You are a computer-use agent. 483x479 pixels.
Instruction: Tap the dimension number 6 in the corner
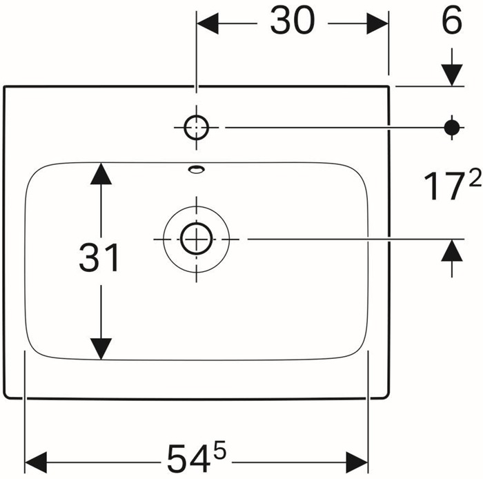tap(452, 20)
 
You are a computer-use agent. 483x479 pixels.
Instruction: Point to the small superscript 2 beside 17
tap(475, 178)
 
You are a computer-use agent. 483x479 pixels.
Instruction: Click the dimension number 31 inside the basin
tap(99, 257)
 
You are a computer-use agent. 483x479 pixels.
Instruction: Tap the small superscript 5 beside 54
tap(219, 451)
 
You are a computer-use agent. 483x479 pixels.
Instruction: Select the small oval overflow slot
tap(196, 169)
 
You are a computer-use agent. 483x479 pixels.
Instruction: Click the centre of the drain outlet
tap(196, 239)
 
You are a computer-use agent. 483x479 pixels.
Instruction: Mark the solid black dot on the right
tap(452, 127)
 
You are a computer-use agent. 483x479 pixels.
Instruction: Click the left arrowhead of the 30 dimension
tap(208, 23)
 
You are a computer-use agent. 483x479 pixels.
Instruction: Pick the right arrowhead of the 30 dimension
tap(377, 23)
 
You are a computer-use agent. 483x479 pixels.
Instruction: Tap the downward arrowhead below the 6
tap(452, 75)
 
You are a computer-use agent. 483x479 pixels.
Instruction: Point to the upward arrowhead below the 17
tap(452, 251)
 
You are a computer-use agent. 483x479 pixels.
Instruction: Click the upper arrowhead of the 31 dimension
tap(101, 174)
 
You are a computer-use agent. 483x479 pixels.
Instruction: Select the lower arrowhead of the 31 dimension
tap(101, 349)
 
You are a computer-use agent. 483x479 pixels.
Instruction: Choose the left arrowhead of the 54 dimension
tap(36, 462)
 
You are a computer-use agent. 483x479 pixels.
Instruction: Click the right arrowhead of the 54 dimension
tap(357, 462)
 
